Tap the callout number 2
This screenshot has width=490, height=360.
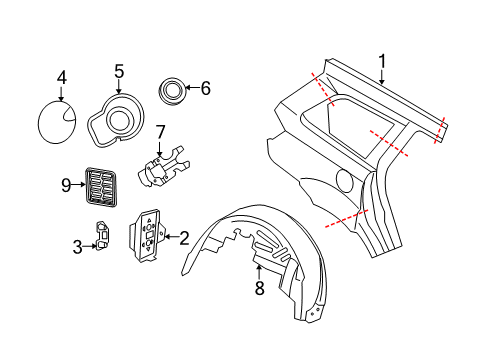(183, 237)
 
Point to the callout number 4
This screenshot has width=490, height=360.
(61, 78)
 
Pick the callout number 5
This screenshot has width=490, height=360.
(119, 71)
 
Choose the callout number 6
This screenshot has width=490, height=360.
(206, 88)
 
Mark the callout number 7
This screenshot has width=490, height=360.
(159, 132)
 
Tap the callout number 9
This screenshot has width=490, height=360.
(66, 184)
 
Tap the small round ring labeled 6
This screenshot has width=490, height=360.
(173, 91)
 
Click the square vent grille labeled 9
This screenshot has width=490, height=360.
(99, 185)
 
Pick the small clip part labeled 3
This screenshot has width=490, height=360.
(104, 235)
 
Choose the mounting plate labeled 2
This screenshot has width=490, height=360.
(148, 238)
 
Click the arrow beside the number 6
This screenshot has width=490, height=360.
(192, 89)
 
